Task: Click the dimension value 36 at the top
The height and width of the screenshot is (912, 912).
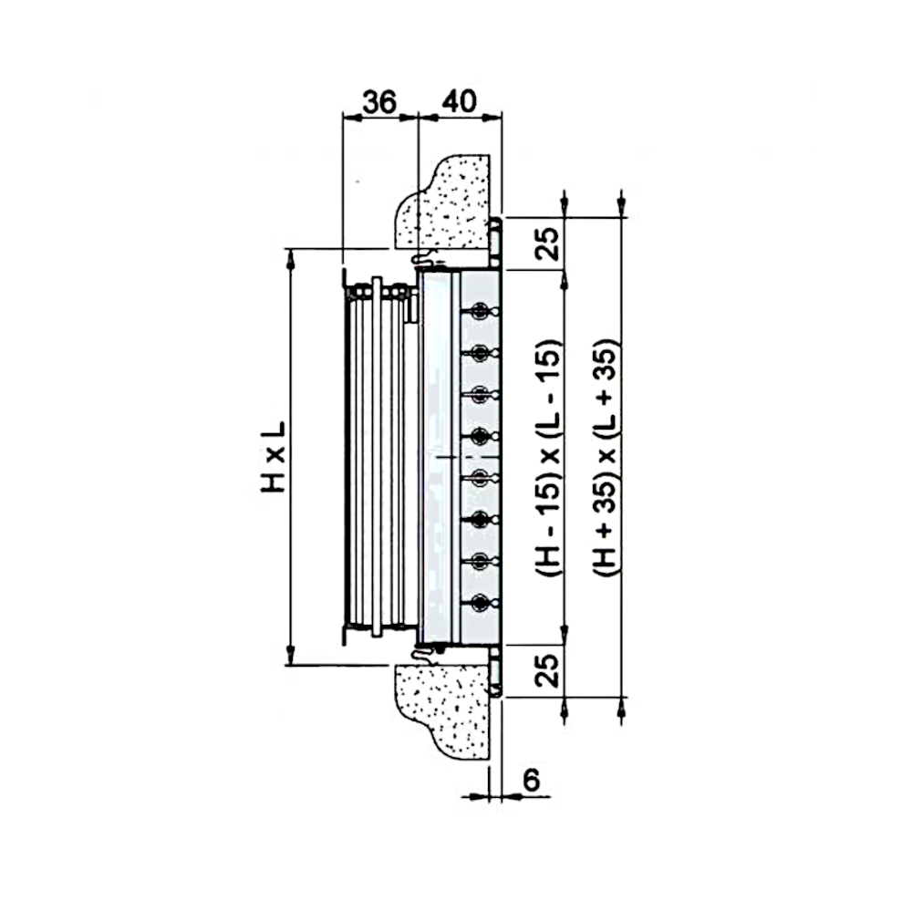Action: pyautogui.click(x=379, y=102)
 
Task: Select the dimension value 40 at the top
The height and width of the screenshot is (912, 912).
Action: pyautogui.click(x=460, y=101)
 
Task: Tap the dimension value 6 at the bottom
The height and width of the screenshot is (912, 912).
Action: pyautogui.click(x=532, y=780)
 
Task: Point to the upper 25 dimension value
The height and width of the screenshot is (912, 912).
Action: pyautogui.click(x=547, y=244)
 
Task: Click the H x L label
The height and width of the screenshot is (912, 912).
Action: pyautogui.click(x=273, y=457)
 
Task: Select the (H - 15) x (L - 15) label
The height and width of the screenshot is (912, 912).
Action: pyautogui.click(x=548, y=457)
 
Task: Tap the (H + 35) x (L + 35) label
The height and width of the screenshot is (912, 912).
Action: pyautogui.click(x=606, y=457)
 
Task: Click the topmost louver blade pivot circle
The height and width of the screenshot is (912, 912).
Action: pyautogui.click(x=480, y=312)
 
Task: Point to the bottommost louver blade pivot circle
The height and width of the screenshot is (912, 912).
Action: pyautogui.click(x=480, y=603)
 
